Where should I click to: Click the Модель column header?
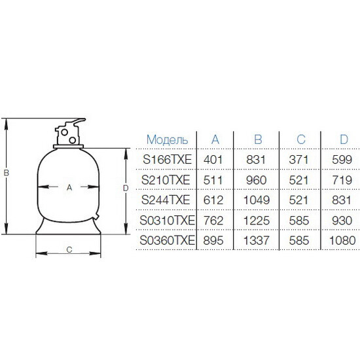pyautogui.click(x=167, y=139)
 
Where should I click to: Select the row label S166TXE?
pyautogui.click(x=167, y=160)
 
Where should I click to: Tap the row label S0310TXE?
pyautogui.click(x=167, y=221)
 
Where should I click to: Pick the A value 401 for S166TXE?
pyautogui.click(x=213, y=160)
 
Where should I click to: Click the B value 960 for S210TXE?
pyautogui.click(x=256, y=180)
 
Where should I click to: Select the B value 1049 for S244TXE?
pyautogui.click(x=256, y=200)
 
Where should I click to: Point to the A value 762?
pyautogui.click(x=213, y=221)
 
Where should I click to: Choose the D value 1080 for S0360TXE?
pyautogui.click(x=342, y=241)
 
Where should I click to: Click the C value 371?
pyautogui.click(x=298, y=160)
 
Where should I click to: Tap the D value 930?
pyautogui.click(x=342, y=221)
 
